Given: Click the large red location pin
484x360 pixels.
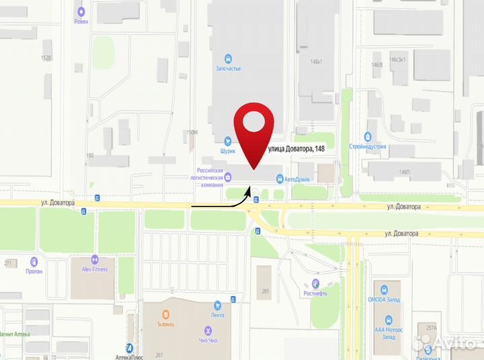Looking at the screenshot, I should pos(253,128).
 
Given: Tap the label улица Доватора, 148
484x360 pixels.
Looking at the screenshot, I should pos(297,149).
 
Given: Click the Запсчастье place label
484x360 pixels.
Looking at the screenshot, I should pos(228,69).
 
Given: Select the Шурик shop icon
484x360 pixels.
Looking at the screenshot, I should pos(228,141).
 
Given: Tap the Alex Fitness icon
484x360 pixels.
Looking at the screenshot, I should pos(95,260).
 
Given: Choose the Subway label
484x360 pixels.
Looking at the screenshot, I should pos(165,324).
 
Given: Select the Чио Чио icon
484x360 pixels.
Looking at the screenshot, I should pos(208,330).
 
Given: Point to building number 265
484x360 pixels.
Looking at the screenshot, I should pos(266,291).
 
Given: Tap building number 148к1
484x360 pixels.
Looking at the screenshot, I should pos(316,62).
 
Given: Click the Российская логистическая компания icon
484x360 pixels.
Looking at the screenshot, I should pos(227,177).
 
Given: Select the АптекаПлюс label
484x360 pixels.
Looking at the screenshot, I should pos(130,357).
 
